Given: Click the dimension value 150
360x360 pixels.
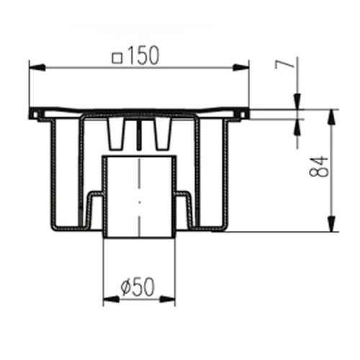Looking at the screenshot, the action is coord(144,55).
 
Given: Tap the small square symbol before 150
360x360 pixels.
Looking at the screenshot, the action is coord(117,58).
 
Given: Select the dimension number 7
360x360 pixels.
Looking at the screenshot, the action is coord(284,64).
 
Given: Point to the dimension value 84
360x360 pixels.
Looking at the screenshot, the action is coord(319,166).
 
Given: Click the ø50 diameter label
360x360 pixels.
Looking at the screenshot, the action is coord(138,287).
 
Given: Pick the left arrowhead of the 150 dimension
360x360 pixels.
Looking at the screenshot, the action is coord(37,68).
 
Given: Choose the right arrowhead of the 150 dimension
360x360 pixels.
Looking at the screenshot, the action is coord(241,68).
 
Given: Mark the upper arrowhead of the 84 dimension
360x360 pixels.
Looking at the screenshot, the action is coord(331,118).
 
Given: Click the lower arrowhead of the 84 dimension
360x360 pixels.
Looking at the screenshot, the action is coord(331,224).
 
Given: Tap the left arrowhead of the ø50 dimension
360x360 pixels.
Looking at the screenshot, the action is coord(111,299).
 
